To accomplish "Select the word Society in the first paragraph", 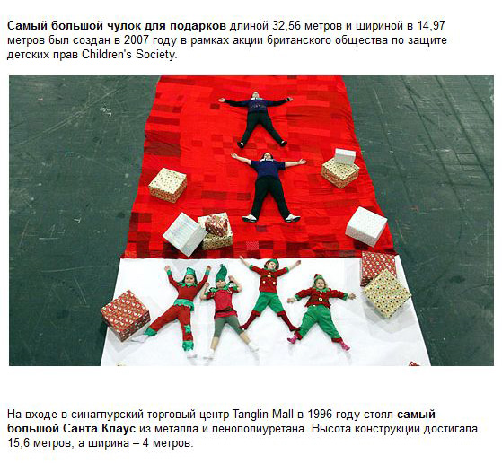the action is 155,55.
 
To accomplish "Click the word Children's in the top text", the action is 107,55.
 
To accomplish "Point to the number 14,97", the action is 431,26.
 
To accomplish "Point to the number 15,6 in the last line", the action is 19,443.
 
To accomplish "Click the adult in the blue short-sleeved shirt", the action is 269,188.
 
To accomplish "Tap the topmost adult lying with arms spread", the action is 256,119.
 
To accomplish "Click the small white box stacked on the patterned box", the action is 345,156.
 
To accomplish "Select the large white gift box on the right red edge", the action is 366,225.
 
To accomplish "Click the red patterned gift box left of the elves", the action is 125,315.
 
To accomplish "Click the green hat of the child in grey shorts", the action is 221,274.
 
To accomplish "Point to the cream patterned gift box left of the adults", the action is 167,185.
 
